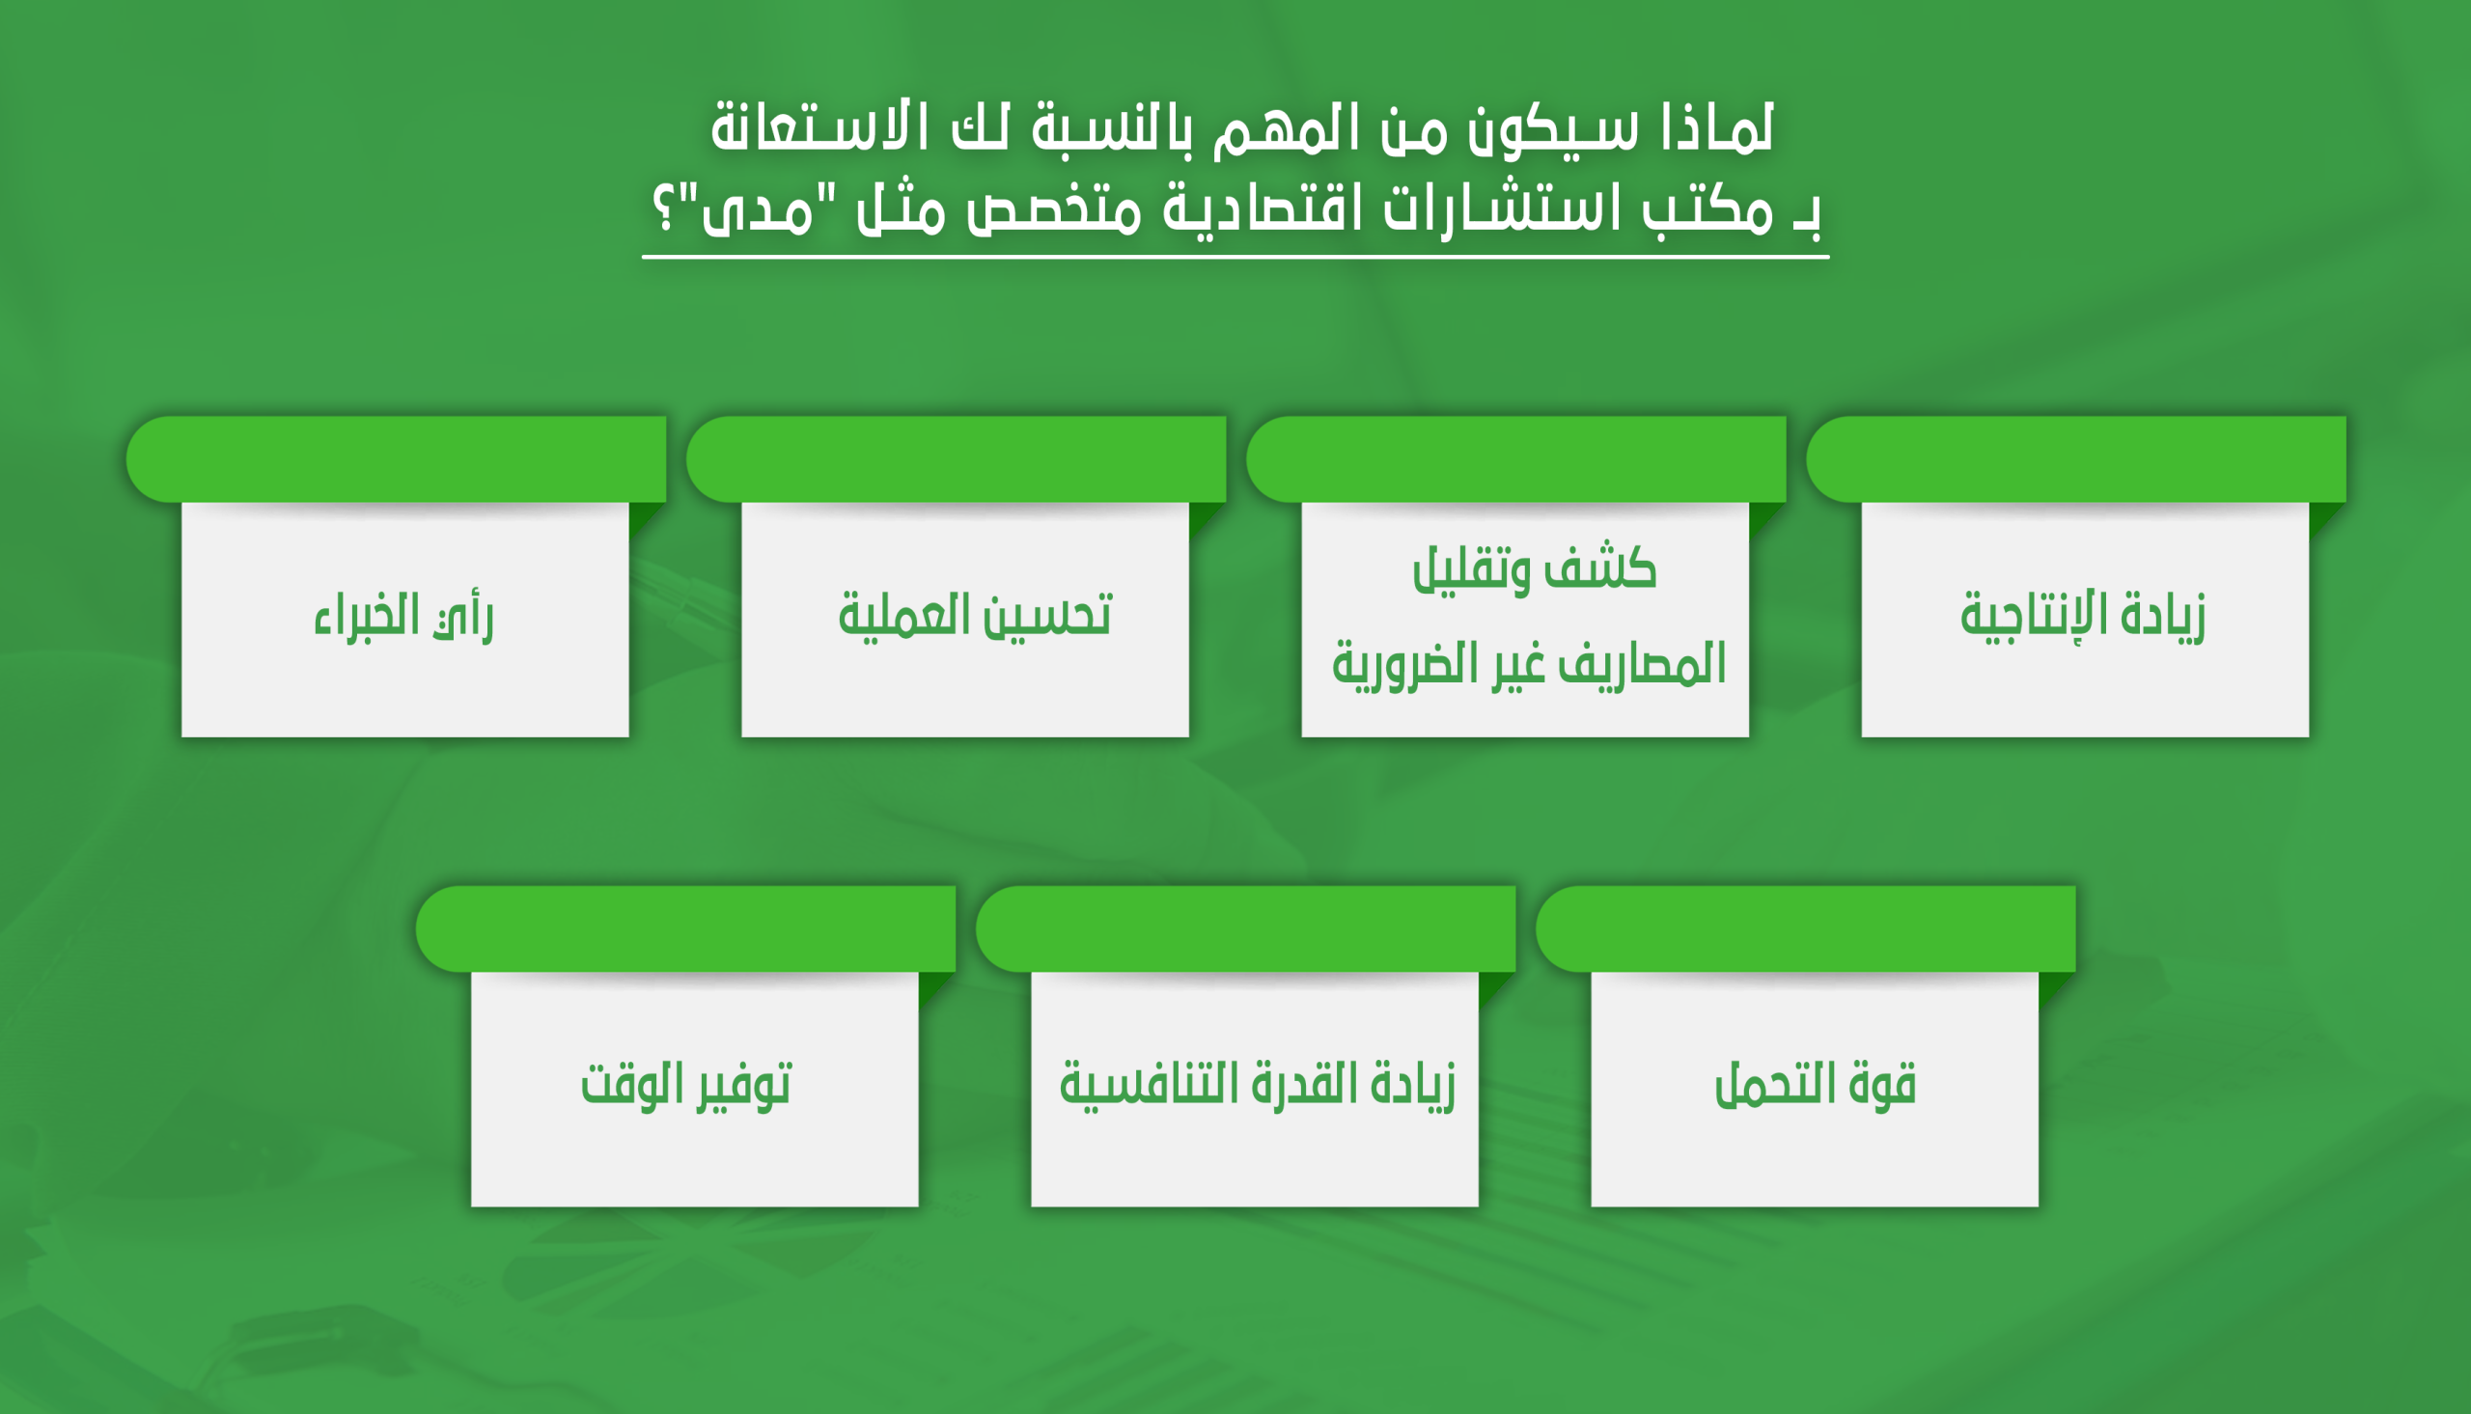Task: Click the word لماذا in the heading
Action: [1717, 128]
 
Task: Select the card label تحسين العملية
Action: [975, 616]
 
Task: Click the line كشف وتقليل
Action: [1534, 568]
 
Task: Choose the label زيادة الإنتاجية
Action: [2083, 617]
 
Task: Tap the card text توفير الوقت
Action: [686, 1086]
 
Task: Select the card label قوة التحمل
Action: [1816, 1085]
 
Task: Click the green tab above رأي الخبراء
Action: [396, 459]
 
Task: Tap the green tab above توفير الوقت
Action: [685, 929]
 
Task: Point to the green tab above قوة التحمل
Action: [1806, 929]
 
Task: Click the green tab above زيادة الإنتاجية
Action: [2076, 459]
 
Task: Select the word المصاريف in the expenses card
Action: [1642, 666]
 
